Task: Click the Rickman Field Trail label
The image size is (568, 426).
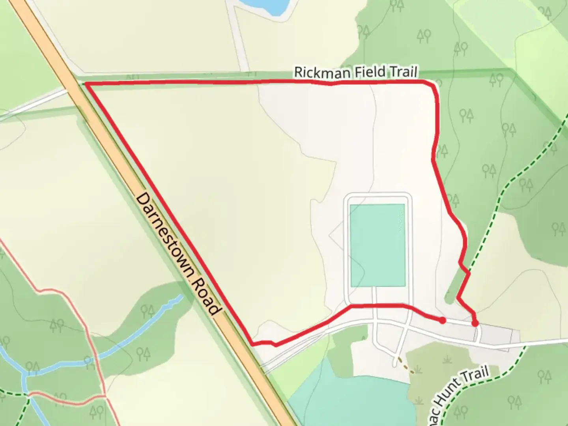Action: click(x=355, y=73)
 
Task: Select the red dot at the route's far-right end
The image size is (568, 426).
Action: click(x=475, y=323)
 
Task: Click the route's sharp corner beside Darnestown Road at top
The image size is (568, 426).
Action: click(x=86, y=84)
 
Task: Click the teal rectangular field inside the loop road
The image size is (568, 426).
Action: click(x=377, y=245)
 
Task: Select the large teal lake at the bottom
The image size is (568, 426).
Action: click(x=351, y=398)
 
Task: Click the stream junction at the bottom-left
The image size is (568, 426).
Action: click(x=24, y=374)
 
